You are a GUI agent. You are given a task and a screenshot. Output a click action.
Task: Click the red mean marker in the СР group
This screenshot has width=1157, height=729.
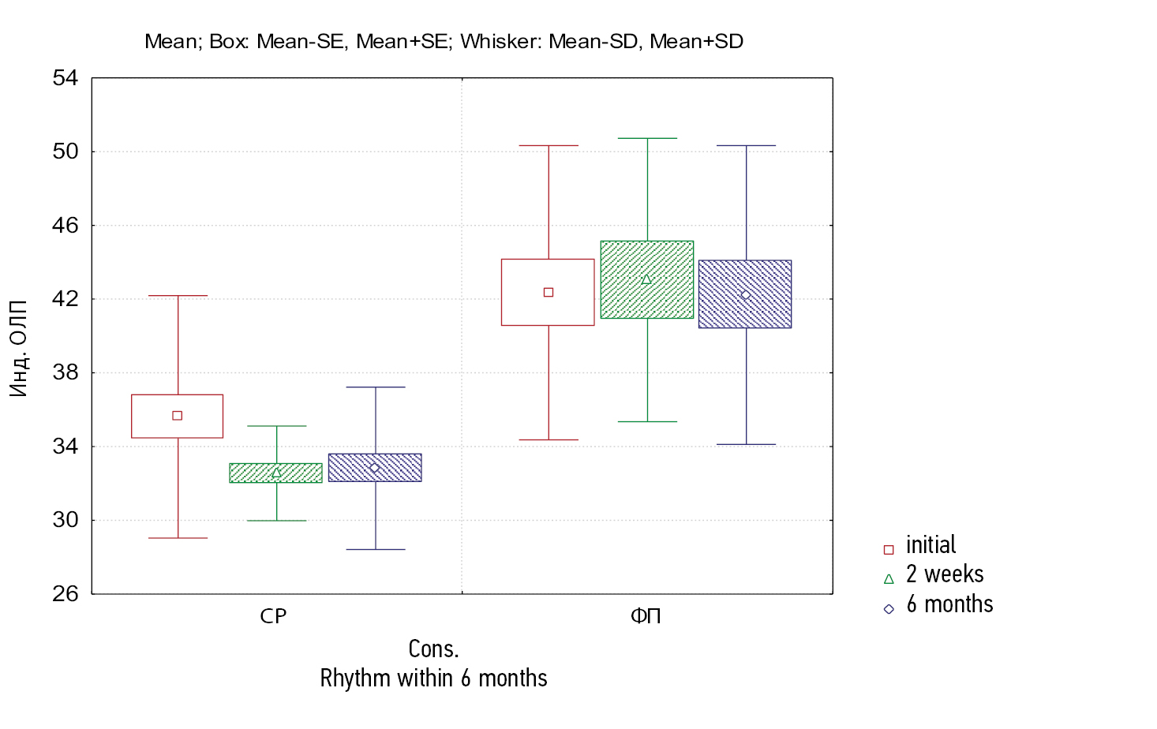pyautogui.click(x=177, y=416)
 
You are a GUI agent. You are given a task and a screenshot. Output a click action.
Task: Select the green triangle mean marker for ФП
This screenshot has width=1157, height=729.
pyautogui.click(x=646, y=279)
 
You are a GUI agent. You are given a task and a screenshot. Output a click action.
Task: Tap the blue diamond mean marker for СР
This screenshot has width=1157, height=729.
pyautogui.click(x=375, y=468)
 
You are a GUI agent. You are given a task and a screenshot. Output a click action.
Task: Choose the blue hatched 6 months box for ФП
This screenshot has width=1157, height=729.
pyautogui.click(x=745, y=312)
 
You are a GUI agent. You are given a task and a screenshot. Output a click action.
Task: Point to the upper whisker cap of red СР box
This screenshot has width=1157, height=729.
pyautogui.click(x=178, y=296)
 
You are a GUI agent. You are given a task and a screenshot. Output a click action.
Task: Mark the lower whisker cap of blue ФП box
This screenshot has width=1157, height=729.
pyautogui.click(x=746, y=444)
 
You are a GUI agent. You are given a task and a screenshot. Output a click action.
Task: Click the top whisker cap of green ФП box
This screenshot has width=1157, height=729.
pyautogui.click(x=647, y=139)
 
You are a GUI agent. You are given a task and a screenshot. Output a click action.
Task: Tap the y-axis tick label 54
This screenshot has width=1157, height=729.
pyautogui.click(x=66, y=78)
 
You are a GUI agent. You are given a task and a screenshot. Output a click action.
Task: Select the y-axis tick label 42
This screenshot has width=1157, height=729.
pyautogui.click(x=66, y=299)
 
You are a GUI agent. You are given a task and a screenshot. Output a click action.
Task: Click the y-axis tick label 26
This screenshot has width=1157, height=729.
pyautogui.click(x=66, y=594)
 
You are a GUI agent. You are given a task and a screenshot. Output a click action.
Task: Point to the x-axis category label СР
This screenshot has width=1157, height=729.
pyautogui.click(x=273, y=616)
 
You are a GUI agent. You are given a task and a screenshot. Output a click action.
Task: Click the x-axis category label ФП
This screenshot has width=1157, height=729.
pyautogui.click(x=646, y=616)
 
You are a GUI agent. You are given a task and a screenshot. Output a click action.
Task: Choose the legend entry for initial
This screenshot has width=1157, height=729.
pyautogui.click(x=930, y=545)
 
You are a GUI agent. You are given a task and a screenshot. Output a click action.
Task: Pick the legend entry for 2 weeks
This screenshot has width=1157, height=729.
pyautogui.click(x=944, y=574)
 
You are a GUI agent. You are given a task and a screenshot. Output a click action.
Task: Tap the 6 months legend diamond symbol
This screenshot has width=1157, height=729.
pyautogui.click(x=889, y=609)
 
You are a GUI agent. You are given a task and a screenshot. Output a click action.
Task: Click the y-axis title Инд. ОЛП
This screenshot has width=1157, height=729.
pyautogui.click(x=18, y=348)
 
